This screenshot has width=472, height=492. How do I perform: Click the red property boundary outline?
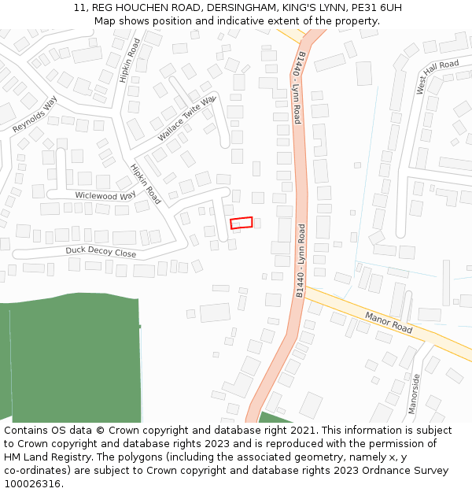tap(242, 223)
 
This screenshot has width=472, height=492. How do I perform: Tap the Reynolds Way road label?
tap(35, 114)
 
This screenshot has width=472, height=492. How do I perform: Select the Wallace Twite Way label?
tap(186, 119)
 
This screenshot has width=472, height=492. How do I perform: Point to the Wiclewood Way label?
tap(105, 196)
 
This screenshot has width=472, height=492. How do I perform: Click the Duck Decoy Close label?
tap(101, 253)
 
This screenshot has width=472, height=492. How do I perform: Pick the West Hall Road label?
tap(437, 77)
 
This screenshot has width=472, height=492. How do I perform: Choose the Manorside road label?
tap(415, 394)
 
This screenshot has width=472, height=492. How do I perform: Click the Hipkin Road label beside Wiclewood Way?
tap(146, 184)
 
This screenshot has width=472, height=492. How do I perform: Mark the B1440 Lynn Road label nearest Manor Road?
tap(301, 260)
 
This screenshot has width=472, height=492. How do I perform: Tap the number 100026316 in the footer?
tap(31, 484)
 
